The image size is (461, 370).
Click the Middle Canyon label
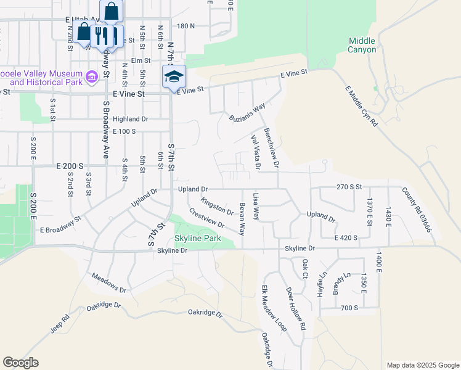pyautogui.click(x=362, y=45)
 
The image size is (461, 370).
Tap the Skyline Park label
pyautogui.click(x=197, y=238)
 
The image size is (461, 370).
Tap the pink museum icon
pyautogui.click(x=92, y=76)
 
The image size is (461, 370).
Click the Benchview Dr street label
pyautogui.click(x=272, y=148)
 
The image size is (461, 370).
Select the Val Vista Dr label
pyautogui.click(x=255, y=152)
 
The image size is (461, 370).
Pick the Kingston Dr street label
pyautogui.click(x=217, y=207)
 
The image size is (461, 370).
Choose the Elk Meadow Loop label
pyautogui.click(x=266, y=308)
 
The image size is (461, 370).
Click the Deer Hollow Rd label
pyautogui.click(x=295, y=309)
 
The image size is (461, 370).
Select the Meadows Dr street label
pyautogui.click(x=108, y=284)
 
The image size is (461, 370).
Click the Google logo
pyautogui.click(x=21, y=363)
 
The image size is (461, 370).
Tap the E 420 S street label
pyautogui.click(x=346, y=237)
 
